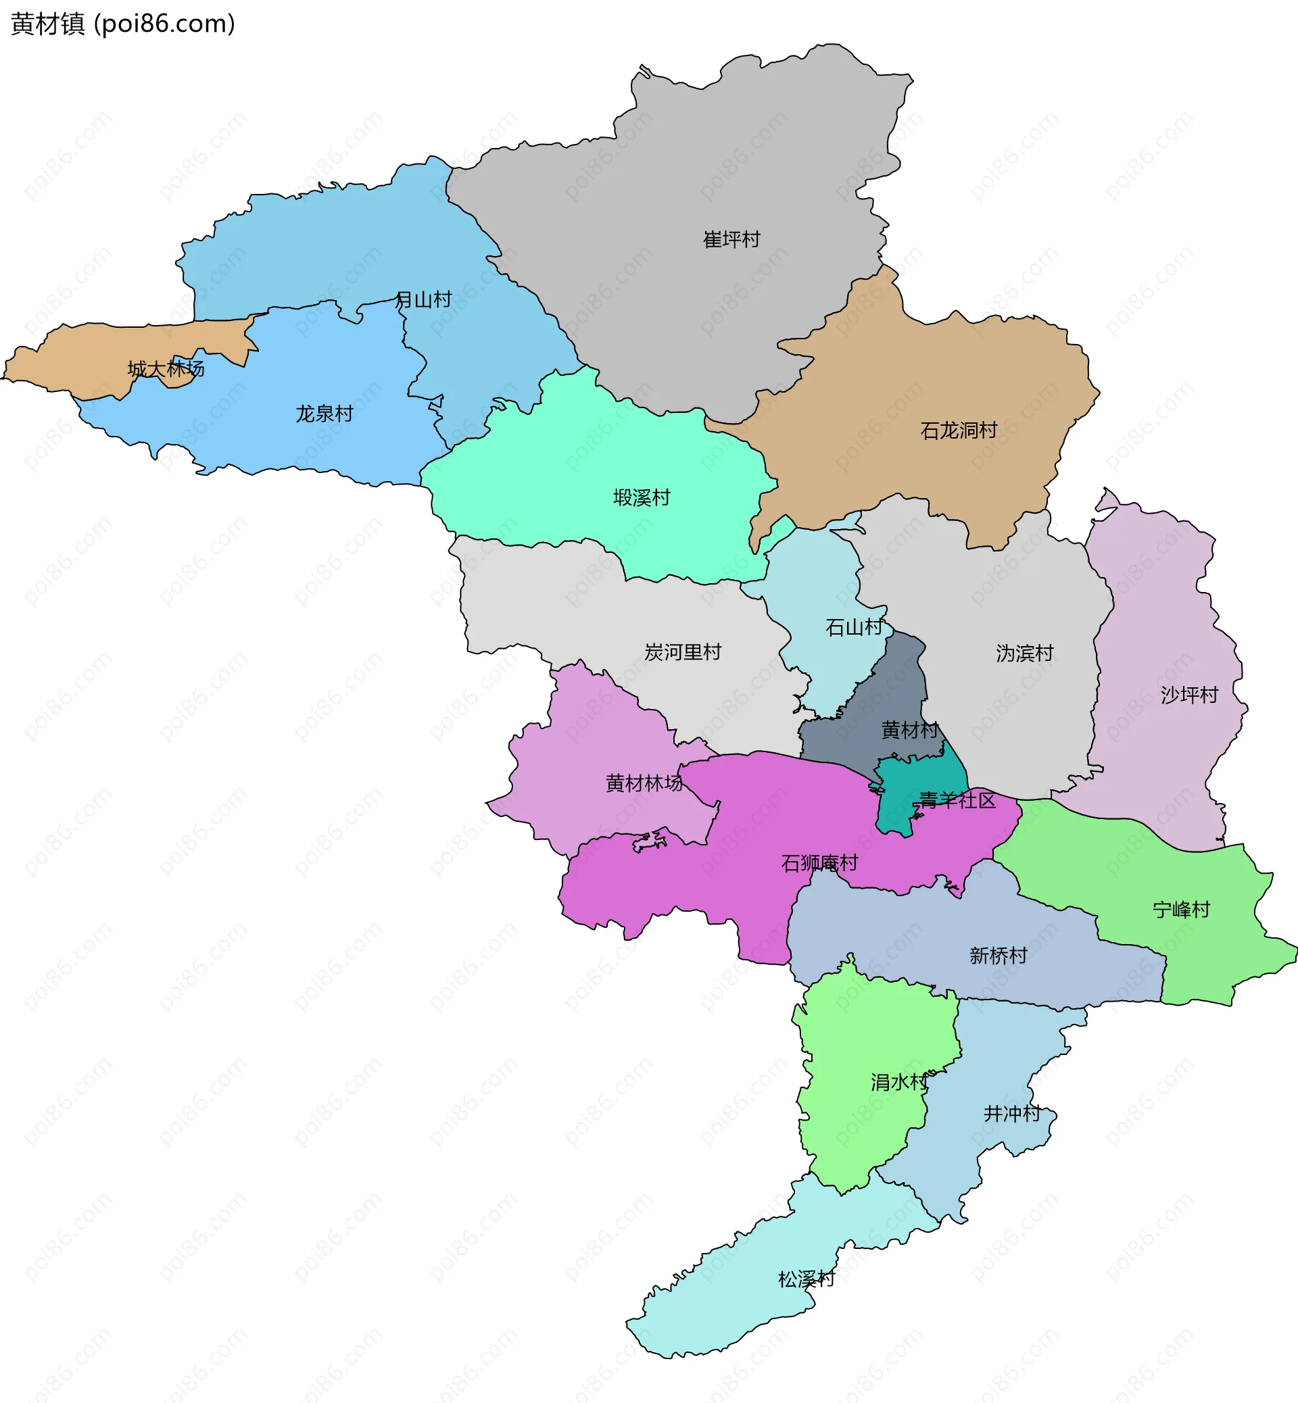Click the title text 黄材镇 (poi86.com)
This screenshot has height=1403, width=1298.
tap(123, 24)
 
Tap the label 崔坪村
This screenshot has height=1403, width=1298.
tap(731, 239)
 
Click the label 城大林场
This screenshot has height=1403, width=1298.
tap(166, 368)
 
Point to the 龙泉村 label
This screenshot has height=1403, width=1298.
tap(324, 414)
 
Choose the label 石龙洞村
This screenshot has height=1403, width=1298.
tap(959, 430)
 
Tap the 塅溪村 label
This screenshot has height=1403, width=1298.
tap(642, 498)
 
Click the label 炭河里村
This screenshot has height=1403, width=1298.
tap(683, 652)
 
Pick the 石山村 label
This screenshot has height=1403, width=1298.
tap(853, 627)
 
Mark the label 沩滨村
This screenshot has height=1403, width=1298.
tap(1025, 654)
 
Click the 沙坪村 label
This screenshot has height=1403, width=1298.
tap(1189, 695)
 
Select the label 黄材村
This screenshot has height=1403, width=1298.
tap(909, 731)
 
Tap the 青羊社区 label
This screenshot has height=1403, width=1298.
tap(957, 801)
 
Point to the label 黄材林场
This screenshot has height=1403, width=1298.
tap(644, 783)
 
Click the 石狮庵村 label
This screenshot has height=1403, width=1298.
tap(819, 863)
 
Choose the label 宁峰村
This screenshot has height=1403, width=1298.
tap(1182, 910)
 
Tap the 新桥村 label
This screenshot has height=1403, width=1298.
tap(998, 956)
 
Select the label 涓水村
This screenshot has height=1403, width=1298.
tap(899, 1082)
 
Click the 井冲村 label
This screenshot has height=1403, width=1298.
tap(1011, 1114)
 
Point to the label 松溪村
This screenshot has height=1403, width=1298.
tap(807, 1279)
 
